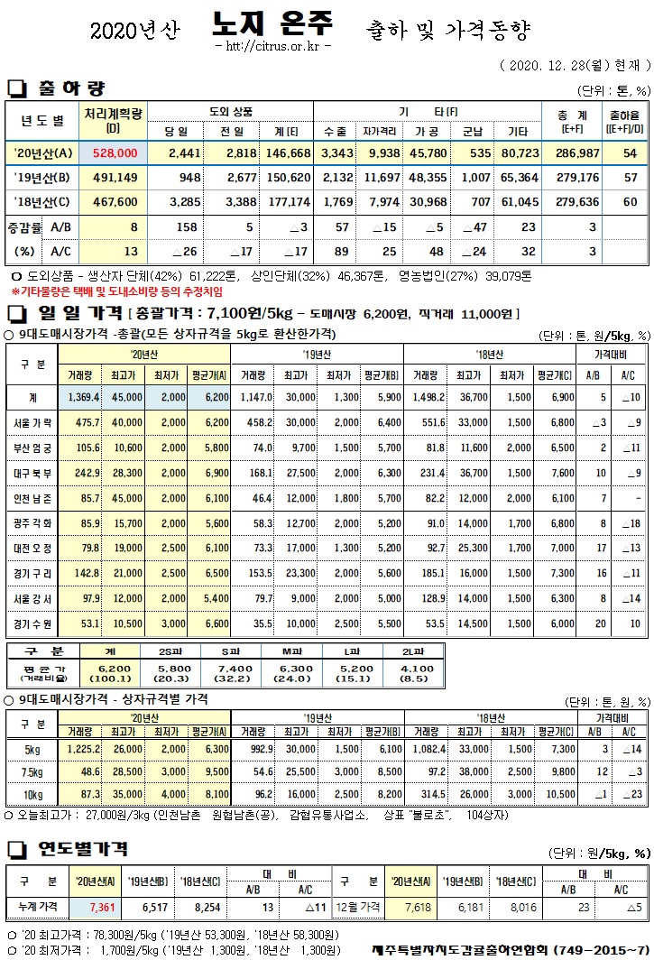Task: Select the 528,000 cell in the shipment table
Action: pyautogui.click(x=114, y=153)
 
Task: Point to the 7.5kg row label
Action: pyautogui.click(x=32, y=771)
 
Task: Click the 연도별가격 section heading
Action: pyautogui.click(x=82, y=849)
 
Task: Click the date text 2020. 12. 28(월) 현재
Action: pyautogui.click(x=574, y=66)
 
